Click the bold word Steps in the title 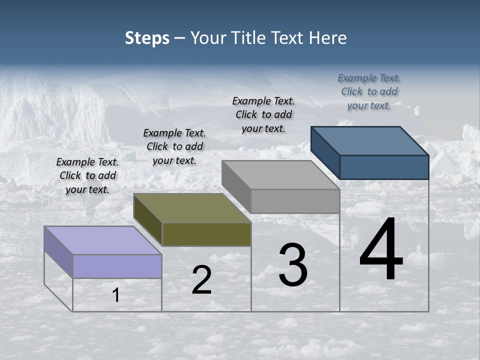pos(147,38)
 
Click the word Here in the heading pos(327,38)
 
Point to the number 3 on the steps pos(293,265)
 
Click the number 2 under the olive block pos(201,280)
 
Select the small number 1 pos(116,295)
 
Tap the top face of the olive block pos(192,208)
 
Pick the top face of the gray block pos(280,175)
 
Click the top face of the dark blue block pos(369,141)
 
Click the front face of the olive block pos(206,234)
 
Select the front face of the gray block pos(295,201)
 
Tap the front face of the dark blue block pos(384,167)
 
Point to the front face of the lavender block pos(117,266)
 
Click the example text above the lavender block pos(87,175)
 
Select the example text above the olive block pos(174,146)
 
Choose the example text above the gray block pos(263,114)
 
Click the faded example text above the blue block pos(369,91)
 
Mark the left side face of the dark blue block pos(325,152)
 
